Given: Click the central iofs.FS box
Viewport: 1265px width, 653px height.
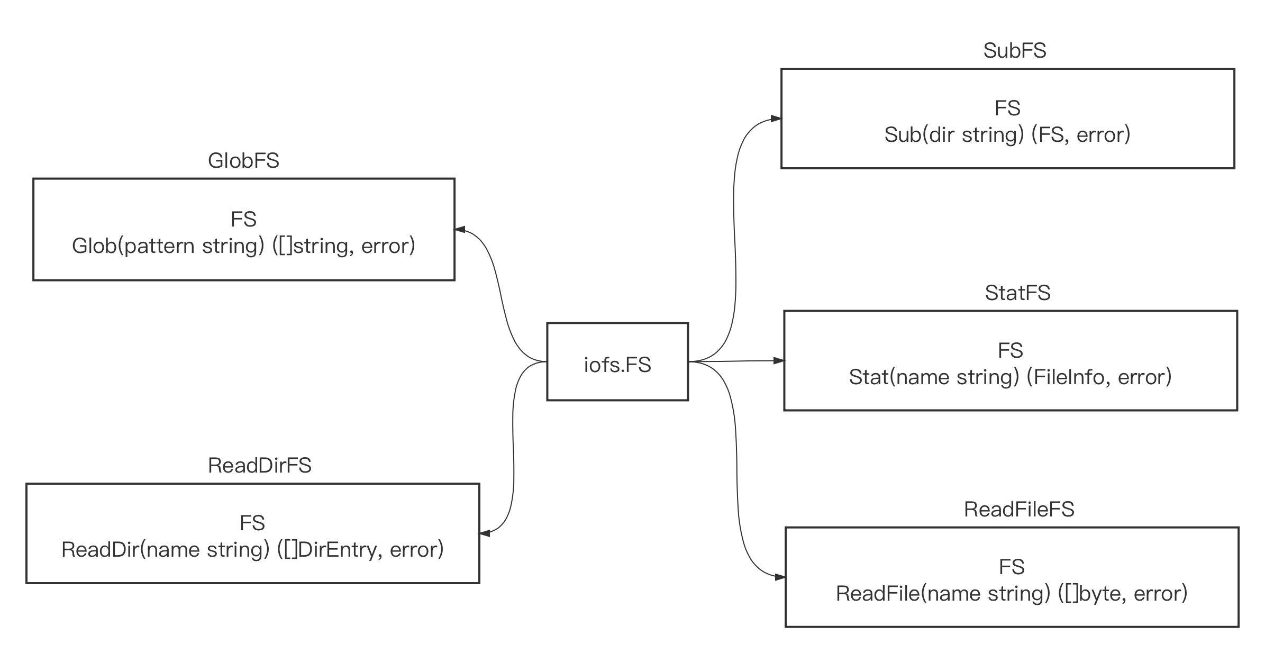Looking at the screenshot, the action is [617, 361].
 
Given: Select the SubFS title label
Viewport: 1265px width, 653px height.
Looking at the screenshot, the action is [1015, 51].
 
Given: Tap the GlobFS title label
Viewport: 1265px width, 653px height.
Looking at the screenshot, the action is [243, 161].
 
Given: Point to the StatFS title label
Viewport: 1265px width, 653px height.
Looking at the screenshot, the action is [1017, 293].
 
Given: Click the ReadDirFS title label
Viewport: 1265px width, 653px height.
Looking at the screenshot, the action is [260, 466].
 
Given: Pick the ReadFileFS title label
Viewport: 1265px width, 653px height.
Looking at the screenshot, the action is [1019, 510].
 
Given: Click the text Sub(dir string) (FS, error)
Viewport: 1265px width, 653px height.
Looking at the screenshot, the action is [1007, 135].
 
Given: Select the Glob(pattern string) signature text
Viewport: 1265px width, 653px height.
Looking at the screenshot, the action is [243, 246].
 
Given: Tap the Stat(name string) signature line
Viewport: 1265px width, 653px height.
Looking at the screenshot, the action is [1010, 377].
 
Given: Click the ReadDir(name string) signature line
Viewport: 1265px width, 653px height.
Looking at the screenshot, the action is [252, 550].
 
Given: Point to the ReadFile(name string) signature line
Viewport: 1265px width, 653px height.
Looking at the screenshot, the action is [1012, 594].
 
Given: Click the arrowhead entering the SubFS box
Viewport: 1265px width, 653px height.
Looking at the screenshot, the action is [776, 119].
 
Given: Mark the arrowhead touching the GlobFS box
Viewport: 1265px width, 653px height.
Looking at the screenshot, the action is [460, 230].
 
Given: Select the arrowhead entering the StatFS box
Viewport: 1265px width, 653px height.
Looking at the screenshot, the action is [779, 360].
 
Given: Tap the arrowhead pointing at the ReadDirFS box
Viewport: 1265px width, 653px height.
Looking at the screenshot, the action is [485, 533].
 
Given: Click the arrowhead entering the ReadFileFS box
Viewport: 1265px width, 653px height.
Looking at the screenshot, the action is [780, 577].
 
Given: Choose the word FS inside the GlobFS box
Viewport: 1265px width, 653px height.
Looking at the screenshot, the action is [243, 219].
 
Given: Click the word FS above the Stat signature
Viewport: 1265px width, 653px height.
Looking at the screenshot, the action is [1010, 350].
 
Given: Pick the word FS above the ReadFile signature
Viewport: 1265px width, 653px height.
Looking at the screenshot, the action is [1012, 567].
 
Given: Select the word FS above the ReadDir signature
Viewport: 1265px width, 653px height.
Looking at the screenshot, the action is [252, 523].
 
